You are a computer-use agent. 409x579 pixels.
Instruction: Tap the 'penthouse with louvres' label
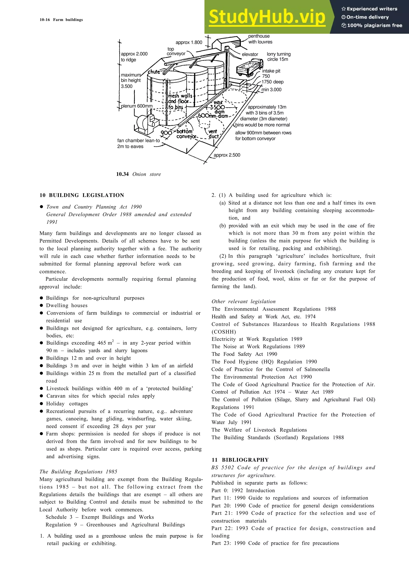[x=260, y=39]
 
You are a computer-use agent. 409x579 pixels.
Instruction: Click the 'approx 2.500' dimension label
[x=227, y=155]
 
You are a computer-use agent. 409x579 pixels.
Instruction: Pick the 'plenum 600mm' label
[x=137, y=106]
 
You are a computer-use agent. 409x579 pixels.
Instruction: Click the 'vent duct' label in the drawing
[x=213, y=134]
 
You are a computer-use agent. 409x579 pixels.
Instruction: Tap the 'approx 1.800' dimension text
[x=189, y=42]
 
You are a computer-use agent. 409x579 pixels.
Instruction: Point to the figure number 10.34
[x=122, y=174]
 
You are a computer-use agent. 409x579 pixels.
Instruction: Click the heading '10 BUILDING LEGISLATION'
[x=82, y=195]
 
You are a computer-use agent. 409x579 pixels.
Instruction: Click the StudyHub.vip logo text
[x=267, y=17]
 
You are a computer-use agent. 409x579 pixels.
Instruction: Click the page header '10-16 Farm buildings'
[x=61, y=20]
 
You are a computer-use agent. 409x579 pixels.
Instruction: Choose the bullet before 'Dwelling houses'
[x=42, y=306]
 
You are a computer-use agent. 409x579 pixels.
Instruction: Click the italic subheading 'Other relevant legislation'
[x=243, y=301]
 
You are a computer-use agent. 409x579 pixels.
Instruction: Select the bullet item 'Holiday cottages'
[x=67, y=404]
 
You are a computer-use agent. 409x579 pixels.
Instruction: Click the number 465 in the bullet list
[x=102, y=343]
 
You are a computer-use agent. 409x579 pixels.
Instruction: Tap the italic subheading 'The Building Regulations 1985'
[x=78, y=472]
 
